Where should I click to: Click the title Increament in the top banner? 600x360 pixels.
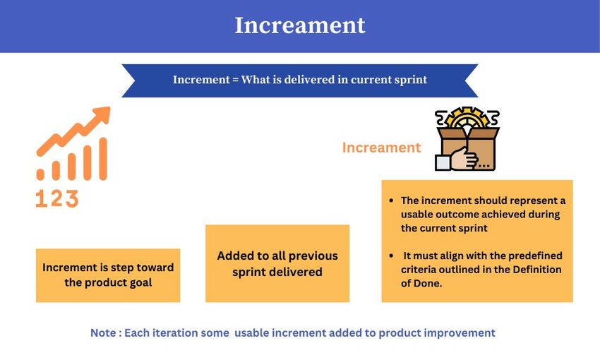click(x=300, y=25)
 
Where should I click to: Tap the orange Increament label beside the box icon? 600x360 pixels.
click(x=381, y=148)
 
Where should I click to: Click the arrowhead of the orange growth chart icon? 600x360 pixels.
click(x=103, y=114)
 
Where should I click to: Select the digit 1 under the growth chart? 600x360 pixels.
click(x=40, y=199)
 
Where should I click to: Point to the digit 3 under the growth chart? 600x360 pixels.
click(x=71, y=199)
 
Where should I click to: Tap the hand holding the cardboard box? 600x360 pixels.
click(x=463, y=160)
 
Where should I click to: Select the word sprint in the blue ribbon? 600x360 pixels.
click(x=409, y=80)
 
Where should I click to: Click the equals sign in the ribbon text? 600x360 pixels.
click(x=234, y=80)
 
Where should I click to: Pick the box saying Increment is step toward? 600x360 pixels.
click(x=108, y=275)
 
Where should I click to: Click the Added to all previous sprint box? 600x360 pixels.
click(x=277, y=263)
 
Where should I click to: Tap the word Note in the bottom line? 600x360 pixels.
click(x=103, y=332)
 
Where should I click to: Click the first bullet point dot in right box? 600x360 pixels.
click(x=392, y=201)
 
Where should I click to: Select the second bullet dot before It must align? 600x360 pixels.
click(x=392, y=256)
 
